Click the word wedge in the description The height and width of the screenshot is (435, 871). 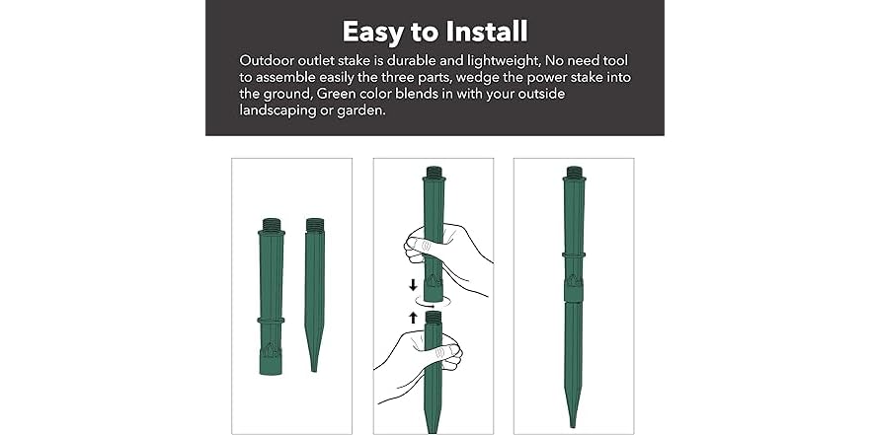[x=500, y=78]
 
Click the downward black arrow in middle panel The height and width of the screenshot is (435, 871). [x=413, y=285]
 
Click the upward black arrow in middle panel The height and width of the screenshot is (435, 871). [x=413, y=318]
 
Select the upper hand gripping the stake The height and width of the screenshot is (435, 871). [x=447, y=258]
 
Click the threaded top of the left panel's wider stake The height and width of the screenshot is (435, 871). [x=271, y=225]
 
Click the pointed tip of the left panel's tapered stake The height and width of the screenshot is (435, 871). [x=314, y=369]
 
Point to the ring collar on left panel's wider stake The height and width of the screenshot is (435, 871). [x=271, y=321]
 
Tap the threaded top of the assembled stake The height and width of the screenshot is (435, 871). [x=575, y=172]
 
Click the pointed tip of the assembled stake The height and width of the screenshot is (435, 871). [x=573, y=424]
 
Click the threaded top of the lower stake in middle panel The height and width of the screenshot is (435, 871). [x=434, y=318]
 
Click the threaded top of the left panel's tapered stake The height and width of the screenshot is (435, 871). [x=314, y=224]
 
